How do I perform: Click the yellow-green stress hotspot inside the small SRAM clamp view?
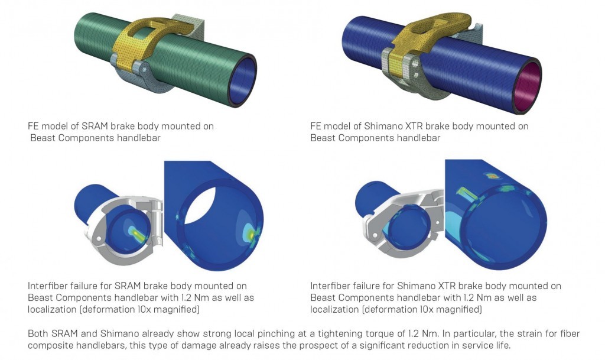(136, 234)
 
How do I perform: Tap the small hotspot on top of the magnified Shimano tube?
(492, 176)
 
